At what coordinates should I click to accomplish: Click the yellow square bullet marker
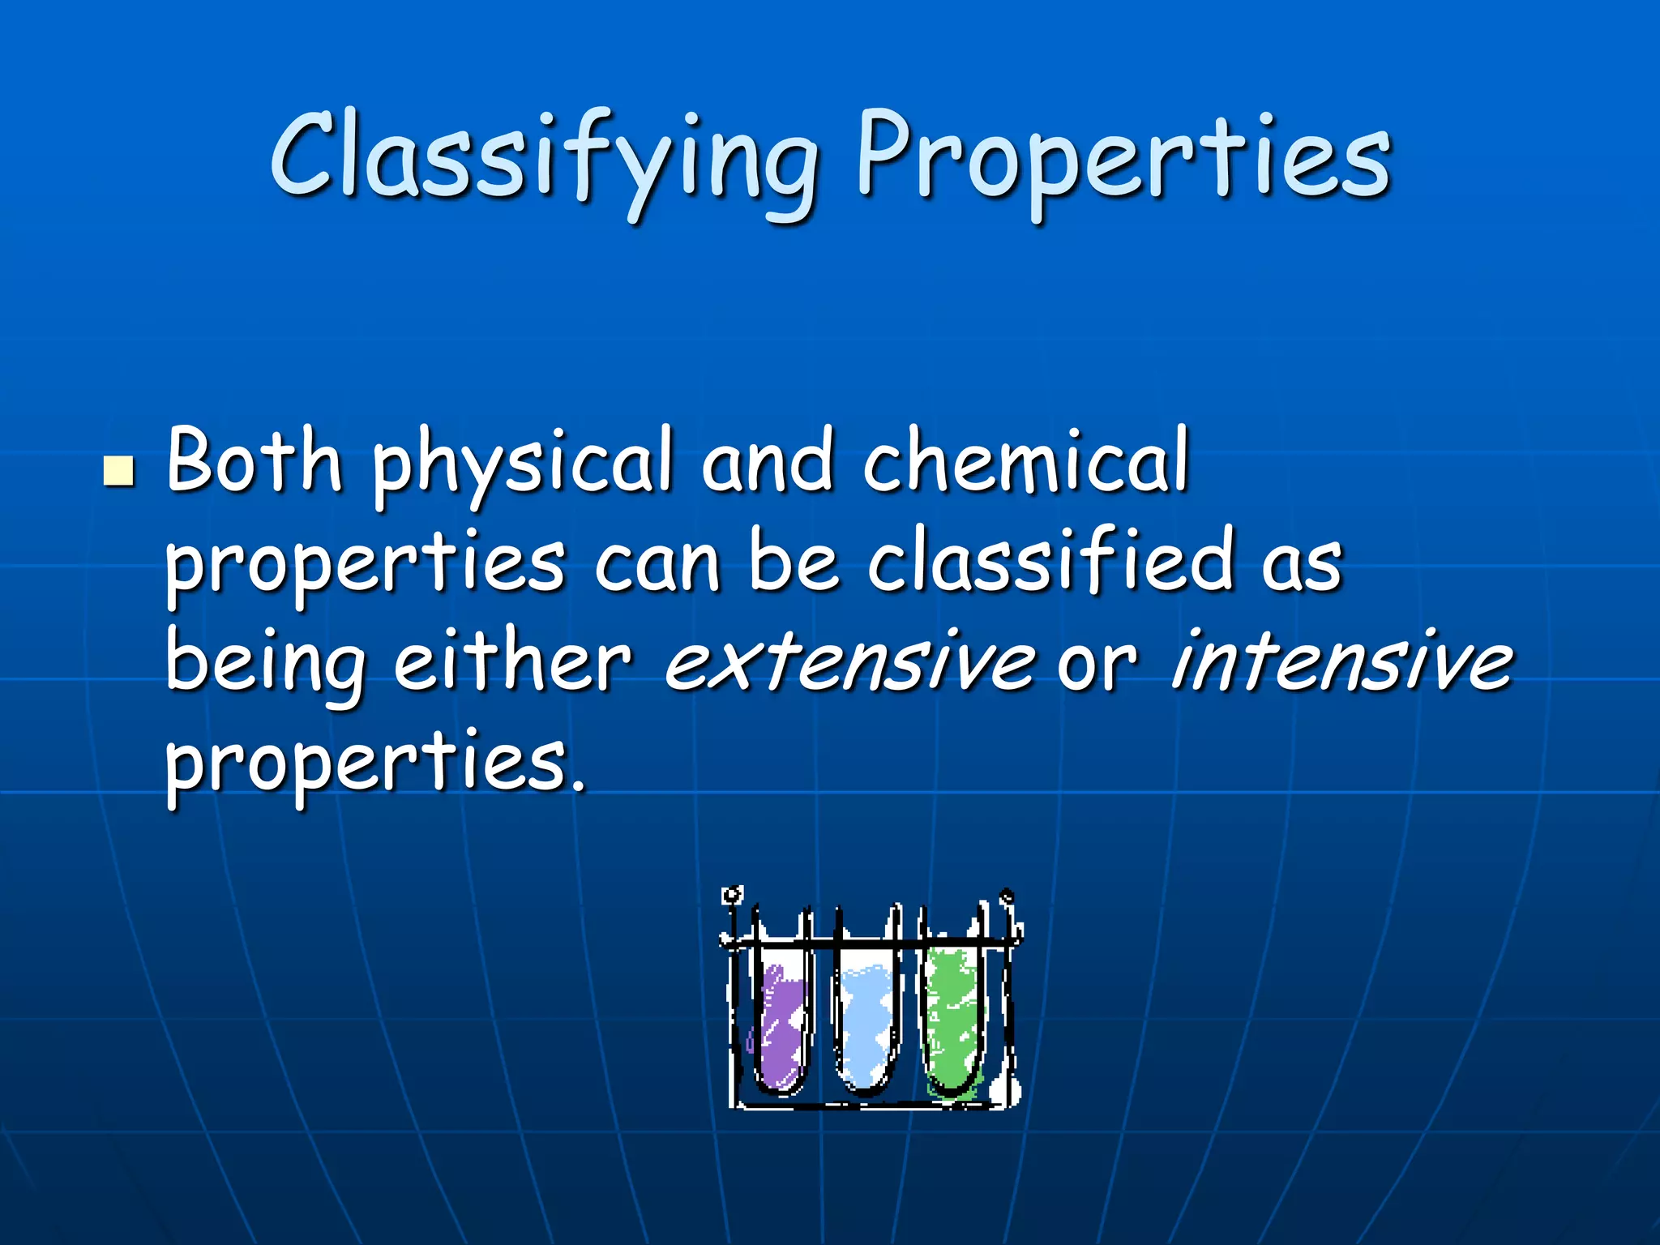[119, 471]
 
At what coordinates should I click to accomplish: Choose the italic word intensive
[1341, 661]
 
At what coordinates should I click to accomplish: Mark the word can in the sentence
[657, 564]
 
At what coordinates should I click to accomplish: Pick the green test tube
[953, 1021]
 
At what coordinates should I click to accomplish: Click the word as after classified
[1302, 564]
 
